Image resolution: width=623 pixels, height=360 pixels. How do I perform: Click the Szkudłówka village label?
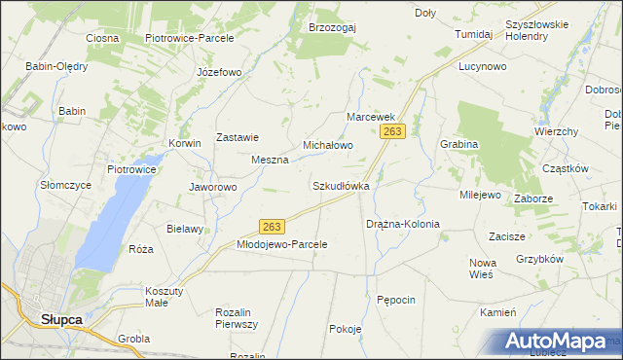tap(341, 185)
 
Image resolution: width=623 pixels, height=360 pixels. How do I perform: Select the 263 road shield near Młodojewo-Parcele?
tap(273, 227)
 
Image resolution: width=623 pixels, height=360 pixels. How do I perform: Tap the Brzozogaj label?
tap(332, 27)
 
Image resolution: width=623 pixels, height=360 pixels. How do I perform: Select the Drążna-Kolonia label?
tap(403, 224)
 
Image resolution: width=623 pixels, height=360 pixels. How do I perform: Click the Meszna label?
tap(270, 160)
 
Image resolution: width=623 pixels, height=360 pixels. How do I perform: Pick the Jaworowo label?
tap(213, 187)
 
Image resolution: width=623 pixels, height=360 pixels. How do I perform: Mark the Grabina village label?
tap(458, 144)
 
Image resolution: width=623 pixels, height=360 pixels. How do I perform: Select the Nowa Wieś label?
tap(483, 269)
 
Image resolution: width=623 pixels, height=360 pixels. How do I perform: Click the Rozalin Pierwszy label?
tap(236, 318)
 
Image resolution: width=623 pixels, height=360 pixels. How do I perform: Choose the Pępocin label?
tap(396, 300)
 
